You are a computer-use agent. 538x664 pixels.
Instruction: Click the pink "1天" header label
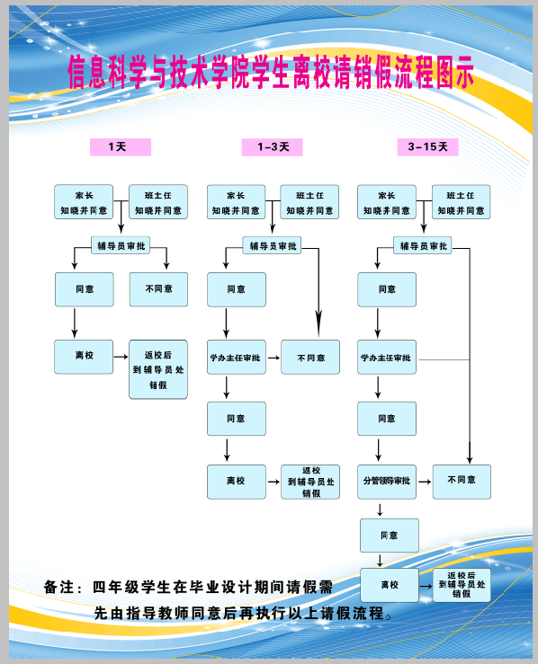coord(121,147)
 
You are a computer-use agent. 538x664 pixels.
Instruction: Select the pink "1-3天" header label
coord(273,147)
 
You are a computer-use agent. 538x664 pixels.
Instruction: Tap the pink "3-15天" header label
coord(427,147)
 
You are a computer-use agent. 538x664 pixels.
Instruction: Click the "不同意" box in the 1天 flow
coord(158,289)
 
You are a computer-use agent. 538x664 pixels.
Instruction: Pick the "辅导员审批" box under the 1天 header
coord(121,245)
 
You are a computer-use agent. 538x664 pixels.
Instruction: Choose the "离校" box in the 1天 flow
coord(84,357)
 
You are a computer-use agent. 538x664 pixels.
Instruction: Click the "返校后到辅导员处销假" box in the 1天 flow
coord(158,369)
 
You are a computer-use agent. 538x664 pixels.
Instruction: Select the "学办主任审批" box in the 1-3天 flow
coord(237,357)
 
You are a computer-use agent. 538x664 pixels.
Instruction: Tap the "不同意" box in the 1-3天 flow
coord(310,357)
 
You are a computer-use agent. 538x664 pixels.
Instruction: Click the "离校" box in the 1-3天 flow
coord(237,482)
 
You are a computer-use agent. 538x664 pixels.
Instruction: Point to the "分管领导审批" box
coord(387,482)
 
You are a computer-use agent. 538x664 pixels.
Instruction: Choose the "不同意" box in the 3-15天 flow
coord(462,482)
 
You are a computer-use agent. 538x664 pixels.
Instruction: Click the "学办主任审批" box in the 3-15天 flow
coord(387,357)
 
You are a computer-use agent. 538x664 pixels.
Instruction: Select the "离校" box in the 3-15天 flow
coord(390,585)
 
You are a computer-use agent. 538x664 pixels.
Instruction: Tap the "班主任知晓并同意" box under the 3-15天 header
coord(462,202)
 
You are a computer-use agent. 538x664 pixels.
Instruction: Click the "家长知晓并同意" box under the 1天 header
coord(84,202)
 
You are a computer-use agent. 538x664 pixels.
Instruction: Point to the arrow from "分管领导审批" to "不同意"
coord(425,482)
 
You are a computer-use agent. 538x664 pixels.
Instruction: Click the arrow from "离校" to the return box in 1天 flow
coord(121,357)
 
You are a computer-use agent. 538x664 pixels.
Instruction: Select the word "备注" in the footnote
coord(59,588)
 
